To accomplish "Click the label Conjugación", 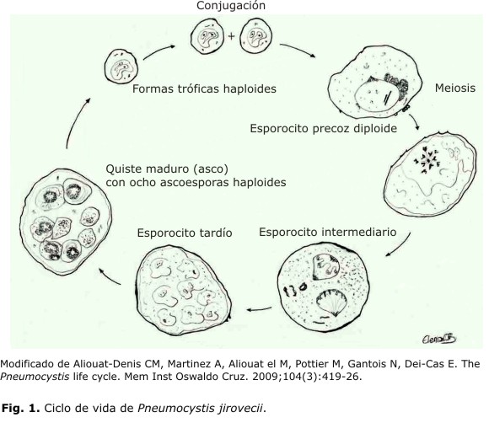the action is coord(231,6).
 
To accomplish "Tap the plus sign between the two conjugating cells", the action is coord(231,36).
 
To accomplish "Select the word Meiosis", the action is coord(455,88).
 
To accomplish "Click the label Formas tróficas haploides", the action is coord(204,88).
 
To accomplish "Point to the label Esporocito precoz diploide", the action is coord(324,128).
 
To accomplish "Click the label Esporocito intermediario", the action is coord(327,232).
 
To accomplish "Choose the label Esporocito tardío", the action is coord(185,233).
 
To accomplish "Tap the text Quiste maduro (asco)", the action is coord(167,169).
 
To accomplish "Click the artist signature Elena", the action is coord(439,338).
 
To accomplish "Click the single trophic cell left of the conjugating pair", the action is coord(121,66).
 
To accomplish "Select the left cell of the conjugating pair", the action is coord(207,36).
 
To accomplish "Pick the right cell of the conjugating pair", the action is coord(255,36).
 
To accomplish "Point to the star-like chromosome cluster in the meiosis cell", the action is coord(427,160).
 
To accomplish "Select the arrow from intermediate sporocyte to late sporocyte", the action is coord(259,309).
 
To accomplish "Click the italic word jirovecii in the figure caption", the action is coord(242,408).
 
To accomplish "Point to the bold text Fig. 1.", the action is coord(21,408).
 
